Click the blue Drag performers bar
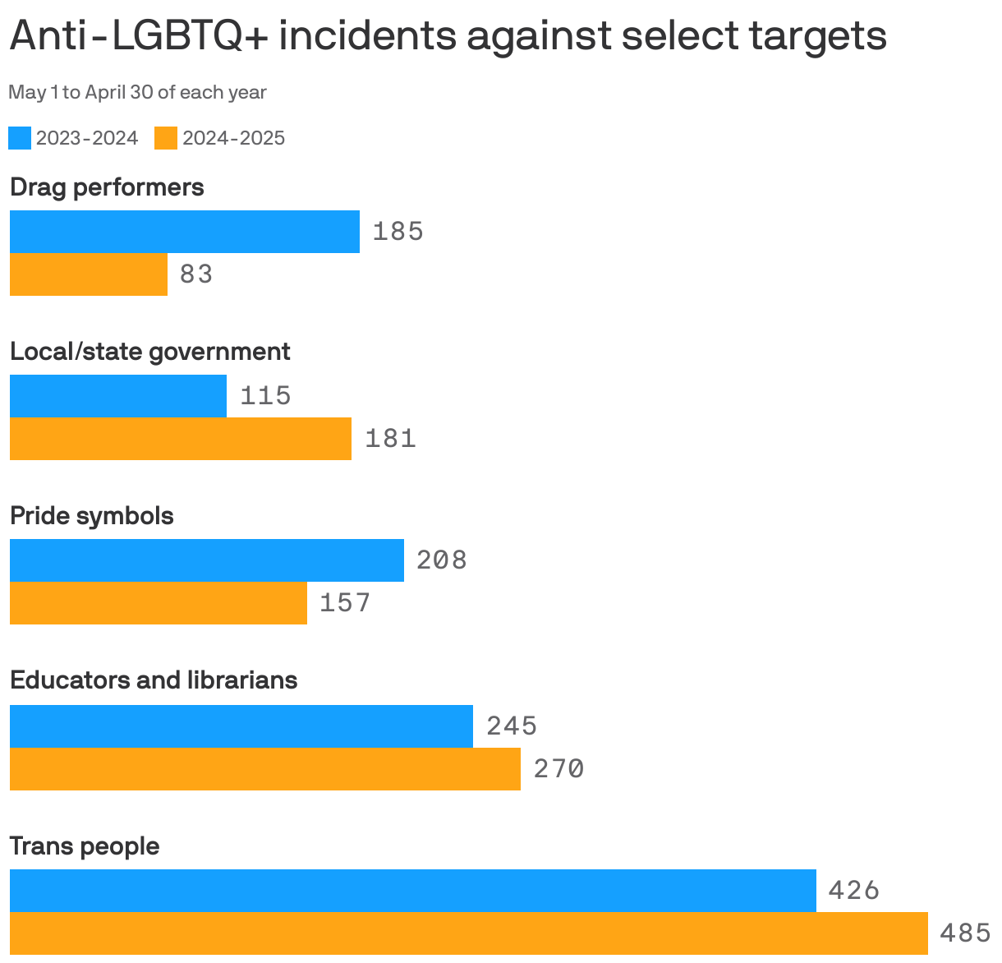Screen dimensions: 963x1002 [185, 232]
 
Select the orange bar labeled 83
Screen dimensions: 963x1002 [89, 274]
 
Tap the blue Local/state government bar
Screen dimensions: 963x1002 [118, 396]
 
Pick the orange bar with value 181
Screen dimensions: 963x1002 [181, 439]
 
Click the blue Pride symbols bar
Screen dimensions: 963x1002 [207, 560]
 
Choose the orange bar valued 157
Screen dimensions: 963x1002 [159, 603]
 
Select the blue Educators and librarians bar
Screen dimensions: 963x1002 [241, 726]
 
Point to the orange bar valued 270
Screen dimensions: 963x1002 [265, 769]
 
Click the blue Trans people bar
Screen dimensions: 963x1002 [413, 891]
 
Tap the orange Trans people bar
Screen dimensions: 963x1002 [469, 933]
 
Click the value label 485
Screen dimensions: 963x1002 [965, 933]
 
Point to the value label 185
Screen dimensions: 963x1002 [398, 232]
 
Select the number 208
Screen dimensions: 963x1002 [442, 560]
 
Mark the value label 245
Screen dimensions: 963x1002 [512, 726]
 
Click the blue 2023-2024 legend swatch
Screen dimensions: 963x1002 [20, 138]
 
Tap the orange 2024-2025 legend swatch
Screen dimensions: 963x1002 [166, 138]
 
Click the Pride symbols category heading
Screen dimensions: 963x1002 [92, 516]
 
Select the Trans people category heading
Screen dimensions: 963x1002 [85, 846]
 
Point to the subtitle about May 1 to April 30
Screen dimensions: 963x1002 [137, 92]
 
